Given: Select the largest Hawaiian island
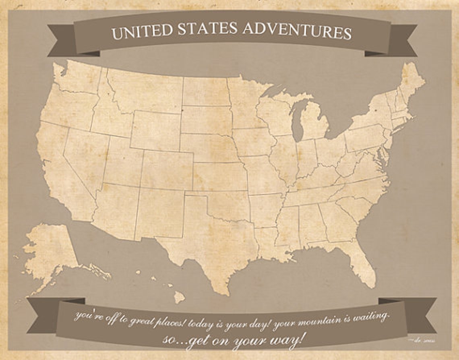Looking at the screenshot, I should click(x=179, y=298).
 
